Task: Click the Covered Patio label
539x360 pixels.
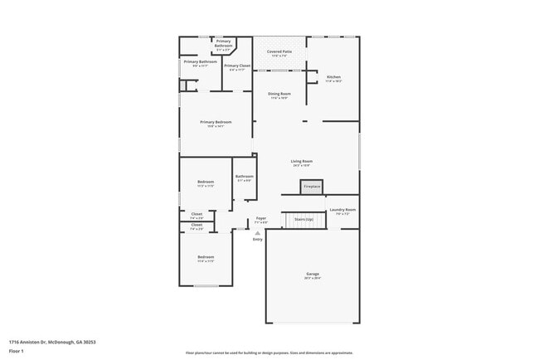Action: point(279,52)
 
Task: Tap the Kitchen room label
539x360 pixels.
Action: point(333,77)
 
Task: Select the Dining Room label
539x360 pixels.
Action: point(279,94)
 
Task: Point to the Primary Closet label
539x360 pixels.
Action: point(237,66)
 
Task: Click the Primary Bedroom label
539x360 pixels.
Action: point(215,122)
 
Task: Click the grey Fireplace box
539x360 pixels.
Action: point(311,187)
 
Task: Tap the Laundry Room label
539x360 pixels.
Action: point(342,210)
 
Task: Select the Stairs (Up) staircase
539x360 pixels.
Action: point(303,219)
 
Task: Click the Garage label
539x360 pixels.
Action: point(313,274)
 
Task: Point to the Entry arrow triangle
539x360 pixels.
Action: point(257,233)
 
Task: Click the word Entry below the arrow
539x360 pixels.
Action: point(257,239)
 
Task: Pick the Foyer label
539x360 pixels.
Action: point(260,218)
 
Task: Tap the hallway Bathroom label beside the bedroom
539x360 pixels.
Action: point(244,176)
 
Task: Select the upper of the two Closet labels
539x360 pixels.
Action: point(197,214)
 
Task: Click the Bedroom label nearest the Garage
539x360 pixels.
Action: point(206,257)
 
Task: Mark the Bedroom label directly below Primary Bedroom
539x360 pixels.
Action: point(206,182)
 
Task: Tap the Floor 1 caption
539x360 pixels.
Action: point(17,351)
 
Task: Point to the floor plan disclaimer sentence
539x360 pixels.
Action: point(269,353)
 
